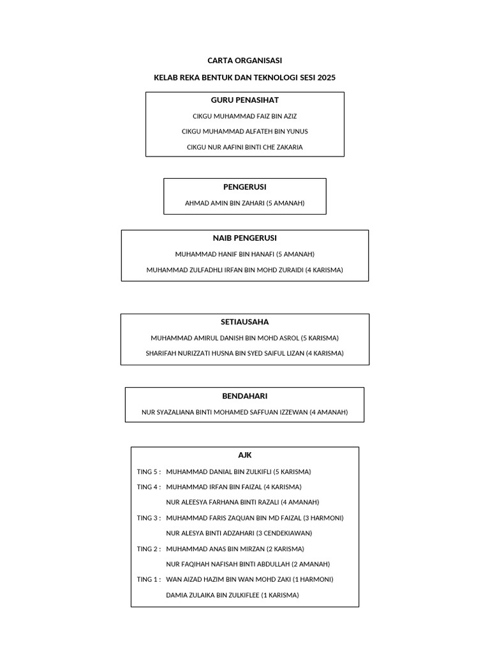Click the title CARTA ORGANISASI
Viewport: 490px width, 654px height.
pyautogui.click(x=244, y=61)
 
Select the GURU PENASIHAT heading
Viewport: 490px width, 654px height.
pyautogui.click(x=244, y=100)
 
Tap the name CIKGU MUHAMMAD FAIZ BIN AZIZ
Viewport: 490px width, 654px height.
pyautogui.click(x=244, y=116)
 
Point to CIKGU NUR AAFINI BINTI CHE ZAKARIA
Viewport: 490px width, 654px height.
pyautogui.click(x=244, y=147)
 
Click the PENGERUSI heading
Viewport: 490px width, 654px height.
pyautogui.click(x=244, y=187)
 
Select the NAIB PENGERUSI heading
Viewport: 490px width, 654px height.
pyautogui.click(x=244, y=238)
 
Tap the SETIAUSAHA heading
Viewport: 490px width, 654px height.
pyautogui.click(x=244, y=322)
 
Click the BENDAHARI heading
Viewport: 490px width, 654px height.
pyautogui.click(x=244, y=396)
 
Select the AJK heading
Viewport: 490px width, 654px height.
pyautogui.click(x=244, y=455)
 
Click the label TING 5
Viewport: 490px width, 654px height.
pyautogui.click(x=148, y=472)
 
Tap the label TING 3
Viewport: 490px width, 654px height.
pyautogui.click(x=148, y=518)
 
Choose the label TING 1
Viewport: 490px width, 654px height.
pyautogui.click(x=148, y=579)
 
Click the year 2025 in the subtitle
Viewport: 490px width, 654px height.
pyautogui.click(x=325, y=78)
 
